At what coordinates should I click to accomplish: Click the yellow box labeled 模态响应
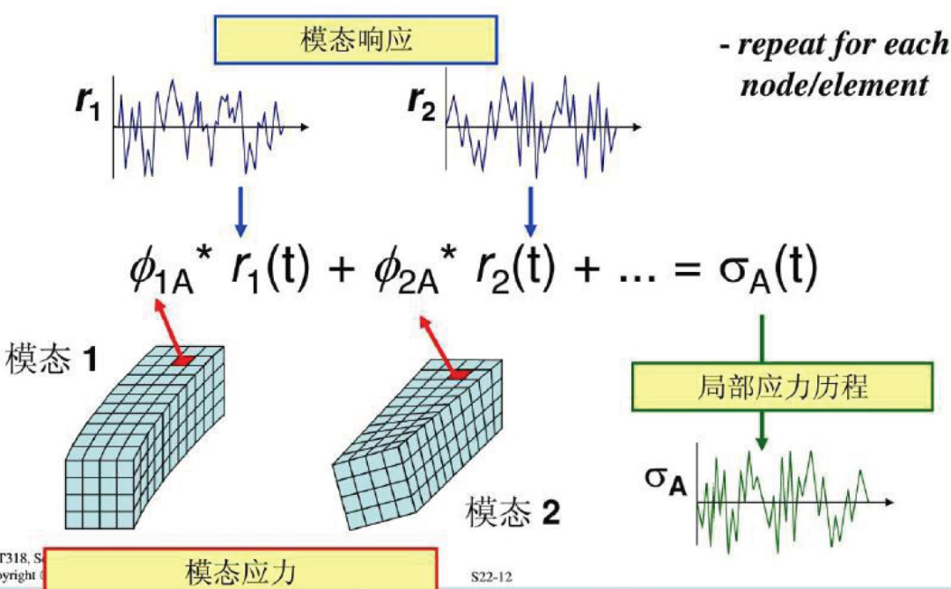tap(356, 41)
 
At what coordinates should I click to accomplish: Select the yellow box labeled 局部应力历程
tap(781, 387)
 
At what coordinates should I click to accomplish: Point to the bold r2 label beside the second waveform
tap(422, 104)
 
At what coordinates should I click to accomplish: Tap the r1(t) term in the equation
tap(269, 270)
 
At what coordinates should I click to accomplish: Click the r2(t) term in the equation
tap(513, 270)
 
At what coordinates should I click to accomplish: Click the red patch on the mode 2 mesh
tap(457, 375)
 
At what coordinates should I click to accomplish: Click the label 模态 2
tap(513, 512)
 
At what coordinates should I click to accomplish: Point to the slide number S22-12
tap(491, 578)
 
